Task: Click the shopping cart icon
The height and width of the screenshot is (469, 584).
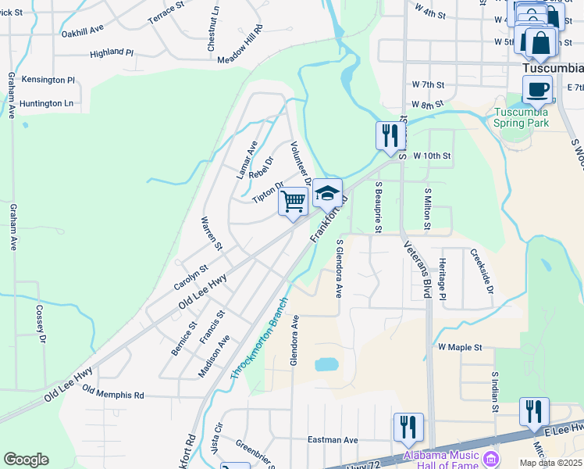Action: [294, 201]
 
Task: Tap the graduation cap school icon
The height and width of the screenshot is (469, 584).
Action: [328, 193]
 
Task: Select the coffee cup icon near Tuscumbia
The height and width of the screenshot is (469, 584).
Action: [537, 89]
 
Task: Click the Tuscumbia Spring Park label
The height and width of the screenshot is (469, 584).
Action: [522, 116]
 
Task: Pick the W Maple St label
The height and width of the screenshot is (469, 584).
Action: [460, 346]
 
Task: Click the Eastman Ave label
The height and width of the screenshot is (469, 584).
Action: [332, 440]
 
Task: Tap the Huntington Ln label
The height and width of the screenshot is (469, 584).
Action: [47, 103]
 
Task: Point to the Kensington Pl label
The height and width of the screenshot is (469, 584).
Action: [48, 80]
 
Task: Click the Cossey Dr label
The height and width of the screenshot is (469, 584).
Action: [41, 324]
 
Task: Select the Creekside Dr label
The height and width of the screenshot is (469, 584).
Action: [482, 271]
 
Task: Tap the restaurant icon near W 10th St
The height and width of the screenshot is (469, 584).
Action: [387, 135]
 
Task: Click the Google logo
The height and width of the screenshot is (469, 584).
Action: [26, 460]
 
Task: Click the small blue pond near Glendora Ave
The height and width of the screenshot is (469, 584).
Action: [326, 364]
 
